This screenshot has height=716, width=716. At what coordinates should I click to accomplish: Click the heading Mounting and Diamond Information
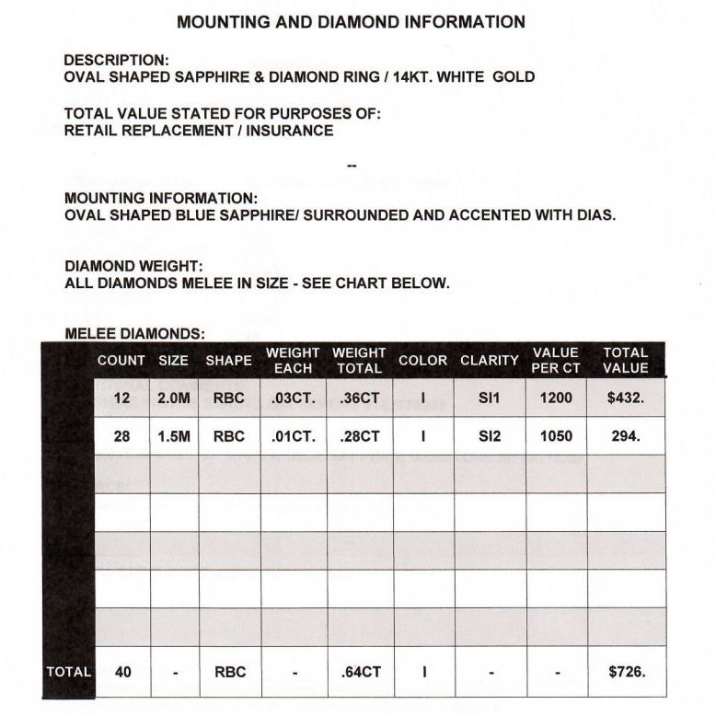(x=351, y=22)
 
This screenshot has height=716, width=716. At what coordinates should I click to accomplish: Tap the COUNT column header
(x=121, y=361)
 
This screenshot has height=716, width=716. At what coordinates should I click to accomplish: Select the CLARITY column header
(x=490, y=361)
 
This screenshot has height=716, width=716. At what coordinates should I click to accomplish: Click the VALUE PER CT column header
(x=556, y=360)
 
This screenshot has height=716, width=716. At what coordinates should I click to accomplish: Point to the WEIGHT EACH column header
(x=293, y=360)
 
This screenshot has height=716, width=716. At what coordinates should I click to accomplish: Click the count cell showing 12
(x=122, y=398)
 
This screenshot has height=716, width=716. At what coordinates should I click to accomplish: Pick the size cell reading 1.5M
(x=174, y=436)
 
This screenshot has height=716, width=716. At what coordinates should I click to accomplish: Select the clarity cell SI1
(x=490, y=398)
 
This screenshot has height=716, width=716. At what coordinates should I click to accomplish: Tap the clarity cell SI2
(x=490, y=436)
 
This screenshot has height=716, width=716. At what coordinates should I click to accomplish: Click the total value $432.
(x=626, y=398)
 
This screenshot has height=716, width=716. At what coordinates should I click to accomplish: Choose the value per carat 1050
(x=556, y=436)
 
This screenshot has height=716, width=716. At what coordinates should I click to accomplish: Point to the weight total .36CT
(x=360, y=398)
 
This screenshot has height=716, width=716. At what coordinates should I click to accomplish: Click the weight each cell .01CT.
(x=294, y=436)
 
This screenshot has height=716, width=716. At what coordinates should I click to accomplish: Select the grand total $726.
(x=626, y=672)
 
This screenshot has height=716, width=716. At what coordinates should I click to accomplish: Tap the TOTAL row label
(x=69, y=672)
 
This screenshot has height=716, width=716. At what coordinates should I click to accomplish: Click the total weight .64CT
(x=360, y=672)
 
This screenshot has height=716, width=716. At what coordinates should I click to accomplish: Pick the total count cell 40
(x=122, y=672)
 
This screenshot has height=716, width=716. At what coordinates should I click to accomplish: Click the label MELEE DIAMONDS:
(x=134, y=334)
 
